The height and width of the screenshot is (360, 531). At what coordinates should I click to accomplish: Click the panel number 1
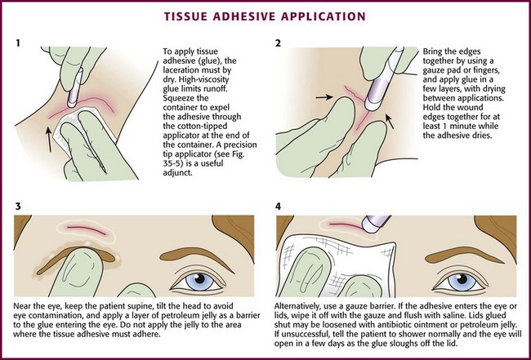tap(18, 43)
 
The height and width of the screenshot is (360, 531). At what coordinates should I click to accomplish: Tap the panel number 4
tap(278, 206)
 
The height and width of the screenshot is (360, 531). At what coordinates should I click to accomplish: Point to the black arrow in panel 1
tap(50, 140)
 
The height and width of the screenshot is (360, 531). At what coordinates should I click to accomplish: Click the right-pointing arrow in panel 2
tap(324, 97)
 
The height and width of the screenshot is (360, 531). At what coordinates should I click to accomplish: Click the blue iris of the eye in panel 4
tap(462, 282)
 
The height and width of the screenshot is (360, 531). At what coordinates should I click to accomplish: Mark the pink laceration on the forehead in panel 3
tap(87, 230)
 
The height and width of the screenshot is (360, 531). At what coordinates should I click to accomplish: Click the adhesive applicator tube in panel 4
tap(375, 223)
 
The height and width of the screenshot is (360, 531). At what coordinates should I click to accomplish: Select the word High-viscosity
tap(197, 80)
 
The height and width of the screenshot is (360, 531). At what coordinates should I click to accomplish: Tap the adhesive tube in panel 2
tap(385, 80)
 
